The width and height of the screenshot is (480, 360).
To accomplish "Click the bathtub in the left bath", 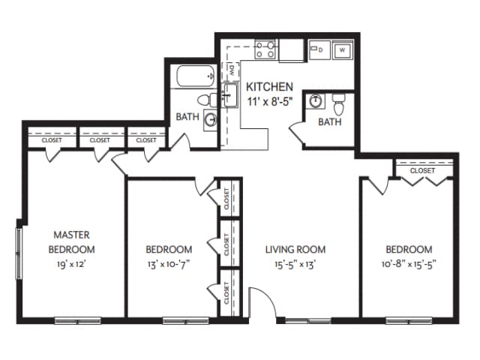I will tap(193, 76).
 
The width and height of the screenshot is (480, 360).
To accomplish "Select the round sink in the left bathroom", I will tap(211, 118).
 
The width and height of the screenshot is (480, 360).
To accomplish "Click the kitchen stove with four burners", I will tap(265, 50).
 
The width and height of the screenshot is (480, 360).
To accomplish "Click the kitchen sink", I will tap(230, 95).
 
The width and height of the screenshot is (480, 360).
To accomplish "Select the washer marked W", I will tap(342, 50).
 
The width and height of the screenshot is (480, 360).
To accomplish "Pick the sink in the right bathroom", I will tap(317, 101).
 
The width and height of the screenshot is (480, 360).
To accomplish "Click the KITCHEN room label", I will tap(269, 87).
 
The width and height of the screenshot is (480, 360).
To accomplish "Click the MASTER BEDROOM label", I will tap(72, 241).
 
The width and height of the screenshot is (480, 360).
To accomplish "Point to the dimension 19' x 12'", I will tap(72, 264).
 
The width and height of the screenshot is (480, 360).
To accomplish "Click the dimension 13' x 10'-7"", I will tap(169, 264).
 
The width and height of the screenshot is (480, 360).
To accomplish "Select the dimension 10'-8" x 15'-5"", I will tap(409, 264).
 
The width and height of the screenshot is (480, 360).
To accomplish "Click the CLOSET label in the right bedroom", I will tap(422, 170).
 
